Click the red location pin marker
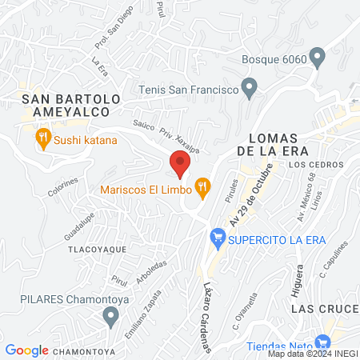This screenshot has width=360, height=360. pos(180,163)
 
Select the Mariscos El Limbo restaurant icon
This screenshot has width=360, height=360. pos(203,189)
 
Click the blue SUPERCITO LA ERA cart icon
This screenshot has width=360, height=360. pos(216,238)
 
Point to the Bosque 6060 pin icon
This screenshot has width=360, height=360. pos(318,58)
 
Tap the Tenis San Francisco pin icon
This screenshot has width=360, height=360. pos(250,86)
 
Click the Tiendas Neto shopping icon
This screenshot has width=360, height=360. pos(323,342)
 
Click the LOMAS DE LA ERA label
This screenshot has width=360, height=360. pos(277,142)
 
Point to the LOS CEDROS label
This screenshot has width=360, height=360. pos(316,165)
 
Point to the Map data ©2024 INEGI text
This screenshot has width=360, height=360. pos(312,354)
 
